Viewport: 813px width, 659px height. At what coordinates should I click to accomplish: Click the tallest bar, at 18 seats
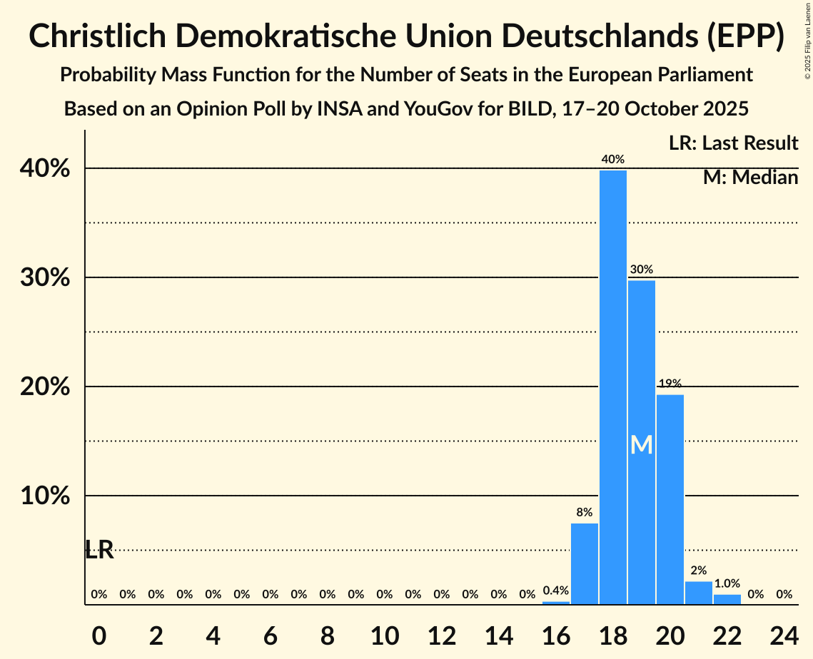coord(613,387)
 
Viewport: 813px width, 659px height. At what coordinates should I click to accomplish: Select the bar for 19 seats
coord(642,442)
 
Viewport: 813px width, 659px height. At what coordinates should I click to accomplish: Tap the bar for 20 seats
coord(670,499)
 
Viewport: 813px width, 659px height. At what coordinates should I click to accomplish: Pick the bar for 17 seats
coord(585,563)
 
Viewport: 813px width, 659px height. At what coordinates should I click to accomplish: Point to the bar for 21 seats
coord(699,593)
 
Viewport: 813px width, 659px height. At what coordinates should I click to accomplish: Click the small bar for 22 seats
coord(727,599)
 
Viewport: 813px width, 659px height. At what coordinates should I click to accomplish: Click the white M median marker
coord(642,445)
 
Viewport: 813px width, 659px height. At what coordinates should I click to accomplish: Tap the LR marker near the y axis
coord(99,550)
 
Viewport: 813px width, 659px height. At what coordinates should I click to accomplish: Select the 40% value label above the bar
coord(613,160)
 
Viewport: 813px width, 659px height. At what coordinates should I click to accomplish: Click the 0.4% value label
coord(556,591)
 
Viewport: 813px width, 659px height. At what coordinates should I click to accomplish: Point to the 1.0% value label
coord(727,583)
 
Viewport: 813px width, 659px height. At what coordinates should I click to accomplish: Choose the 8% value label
coord(585,512)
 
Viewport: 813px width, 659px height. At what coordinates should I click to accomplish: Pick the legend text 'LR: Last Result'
coord(733,143)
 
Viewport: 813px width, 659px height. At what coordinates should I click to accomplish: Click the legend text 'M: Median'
coord(750,178)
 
